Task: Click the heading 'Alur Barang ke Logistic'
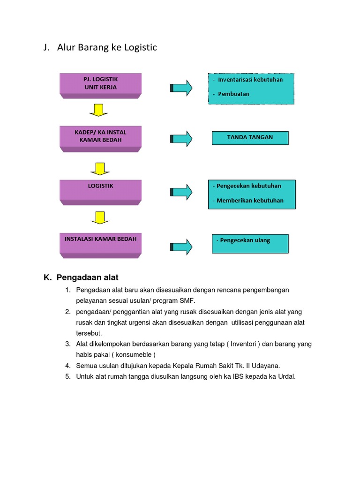coord(107,47)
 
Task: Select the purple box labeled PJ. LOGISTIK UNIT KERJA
coord(100,84)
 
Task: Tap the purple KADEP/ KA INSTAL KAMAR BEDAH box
coord(100,137)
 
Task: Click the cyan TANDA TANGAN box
coord(250,138)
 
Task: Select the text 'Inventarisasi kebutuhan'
coord(250,80)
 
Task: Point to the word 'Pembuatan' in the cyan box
coord(233,94)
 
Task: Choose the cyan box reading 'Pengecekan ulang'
coord(250,243)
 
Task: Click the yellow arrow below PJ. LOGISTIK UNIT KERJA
coord(99,110)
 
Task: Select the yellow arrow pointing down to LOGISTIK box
coord(99,168)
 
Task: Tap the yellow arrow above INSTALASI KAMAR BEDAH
coord(99,217)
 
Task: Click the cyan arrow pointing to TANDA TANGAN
coord(181,139)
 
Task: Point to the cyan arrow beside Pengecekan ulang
coord(181,247)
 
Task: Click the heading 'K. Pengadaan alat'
coord(84,277)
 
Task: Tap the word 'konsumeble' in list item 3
coord(128,355)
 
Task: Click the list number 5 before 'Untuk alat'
coord(68,376)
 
